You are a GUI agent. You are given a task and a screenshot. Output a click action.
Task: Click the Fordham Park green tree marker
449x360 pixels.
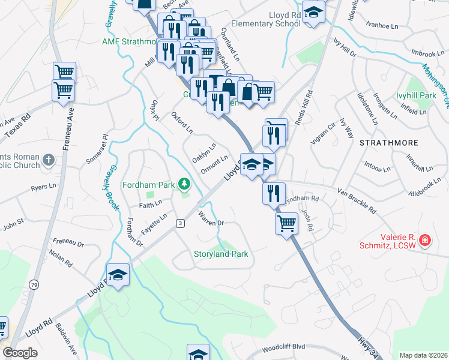coord(185,184)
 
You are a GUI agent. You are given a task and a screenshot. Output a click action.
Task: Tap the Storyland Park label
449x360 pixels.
coord(221,254)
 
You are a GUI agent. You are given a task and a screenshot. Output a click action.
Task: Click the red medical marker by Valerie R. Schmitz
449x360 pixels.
coord(425,241)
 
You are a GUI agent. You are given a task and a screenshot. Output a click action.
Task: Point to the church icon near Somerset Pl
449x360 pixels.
coord(49,160)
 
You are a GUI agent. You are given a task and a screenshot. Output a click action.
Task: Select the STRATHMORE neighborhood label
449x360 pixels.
coord(384,143)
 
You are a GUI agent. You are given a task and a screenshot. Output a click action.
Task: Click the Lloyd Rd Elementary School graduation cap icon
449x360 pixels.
coord(313,13)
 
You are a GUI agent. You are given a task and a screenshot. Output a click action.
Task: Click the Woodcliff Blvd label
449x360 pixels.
coord(284,347)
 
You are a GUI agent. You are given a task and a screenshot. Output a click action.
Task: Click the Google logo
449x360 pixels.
coord(20,352)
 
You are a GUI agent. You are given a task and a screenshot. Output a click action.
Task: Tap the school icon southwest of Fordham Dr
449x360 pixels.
coord(118,275)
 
